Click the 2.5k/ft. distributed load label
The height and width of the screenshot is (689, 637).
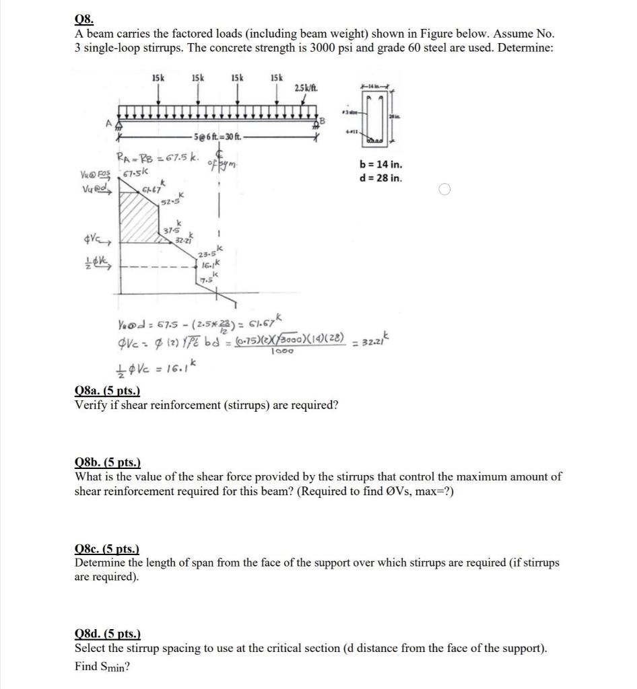tap(307, 89)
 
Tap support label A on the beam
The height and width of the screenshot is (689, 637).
tap(107, 123)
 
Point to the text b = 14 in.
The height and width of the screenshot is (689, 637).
tap(382, 164)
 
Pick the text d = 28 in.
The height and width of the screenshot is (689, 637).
tap(382, 178)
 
